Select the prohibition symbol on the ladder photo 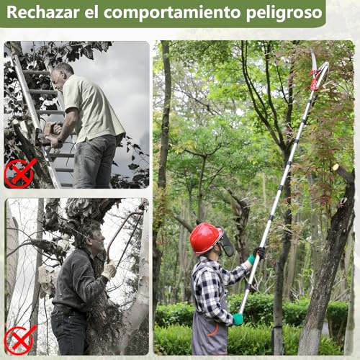click(x=20, y=172)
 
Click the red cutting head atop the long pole click(x=317, y=76)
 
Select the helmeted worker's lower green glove click(x=238, y=319)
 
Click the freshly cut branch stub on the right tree click(x=338, y=170)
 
